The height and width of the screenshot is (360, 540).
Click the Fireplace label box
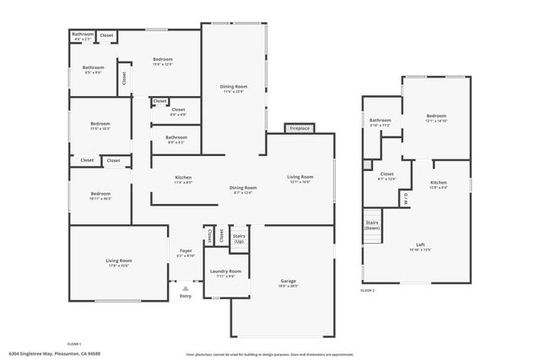point(300,128)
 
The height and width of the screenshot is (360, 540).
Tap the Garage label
point(289,283)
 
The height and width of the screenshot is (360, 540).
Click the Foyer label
point(186,251)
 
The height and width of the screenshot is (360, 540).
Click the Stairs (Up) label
point(239,239)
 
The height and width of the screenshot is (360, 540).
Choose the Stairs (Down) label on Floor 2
point(372,225)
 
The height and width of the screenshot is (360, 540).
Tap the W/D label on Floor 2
point(405,201)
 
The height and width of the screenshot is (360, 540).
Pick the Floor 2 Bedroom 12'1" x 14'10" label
point(436,117)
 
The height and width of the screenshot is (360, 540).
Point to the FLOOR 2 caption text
point(367,290)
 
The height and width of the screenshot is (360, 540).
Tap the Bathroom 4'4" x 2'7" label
point(82,36)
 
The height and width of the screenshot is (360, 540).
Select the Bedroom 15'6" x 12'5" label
point(162,62)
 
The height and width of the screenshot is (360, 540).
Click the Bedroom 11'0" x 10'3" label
point(100,126)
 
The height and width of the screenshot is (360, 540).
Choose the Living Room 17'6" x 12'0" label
point(117,263)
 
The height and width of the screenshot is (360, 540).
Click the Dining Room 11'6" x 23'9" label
point(234,89)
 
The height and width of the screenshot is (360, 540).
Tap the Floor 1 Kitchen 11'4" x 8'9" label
point(183,180)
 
